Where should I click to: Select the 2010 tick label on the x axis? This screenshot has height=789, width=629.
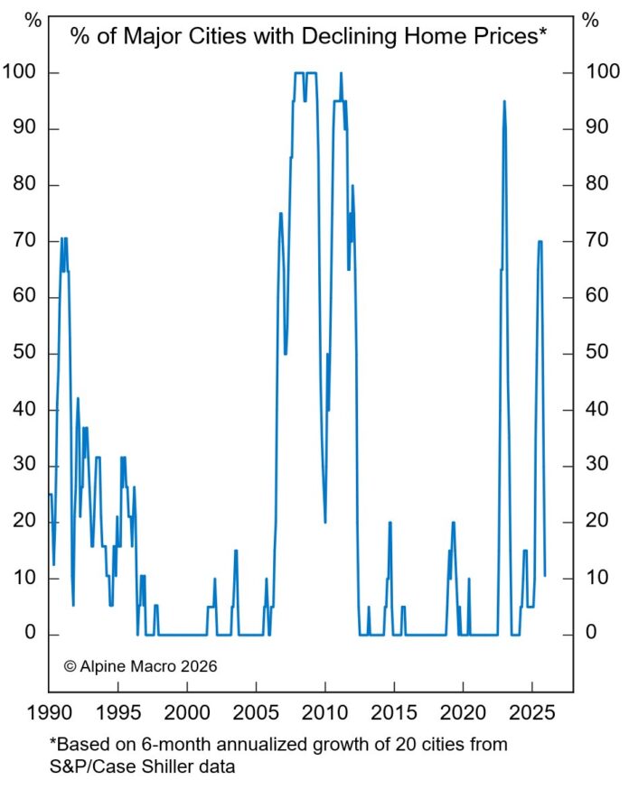325,711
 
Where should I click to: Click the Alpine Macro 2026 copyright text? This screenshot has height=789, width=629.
140,666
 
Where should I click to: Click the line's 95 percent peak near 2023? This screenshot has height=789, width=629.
504,101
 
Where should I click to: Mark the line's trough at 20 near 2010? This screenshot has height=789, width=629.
325,522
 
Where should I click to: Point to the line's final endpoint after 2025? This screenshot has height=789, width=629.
544,575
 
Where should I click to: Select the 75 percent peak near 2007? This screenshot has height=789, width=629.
281,213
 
